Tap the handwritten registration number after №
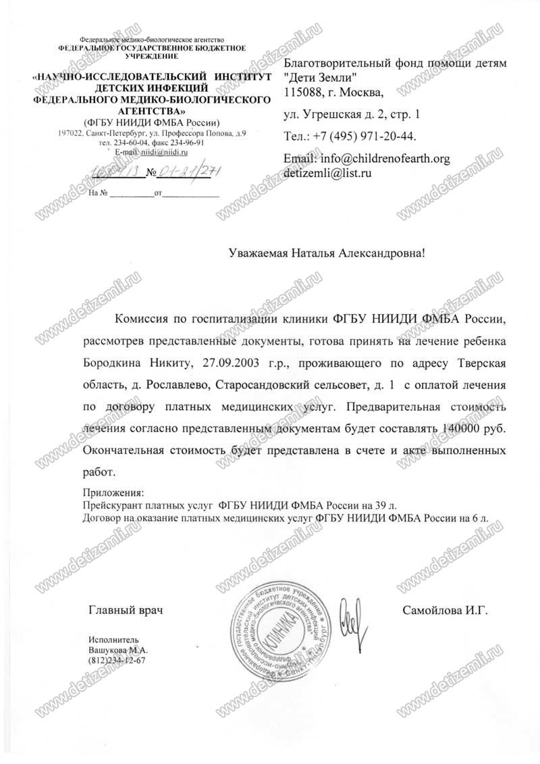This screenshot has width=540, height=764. click(189, 172)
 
